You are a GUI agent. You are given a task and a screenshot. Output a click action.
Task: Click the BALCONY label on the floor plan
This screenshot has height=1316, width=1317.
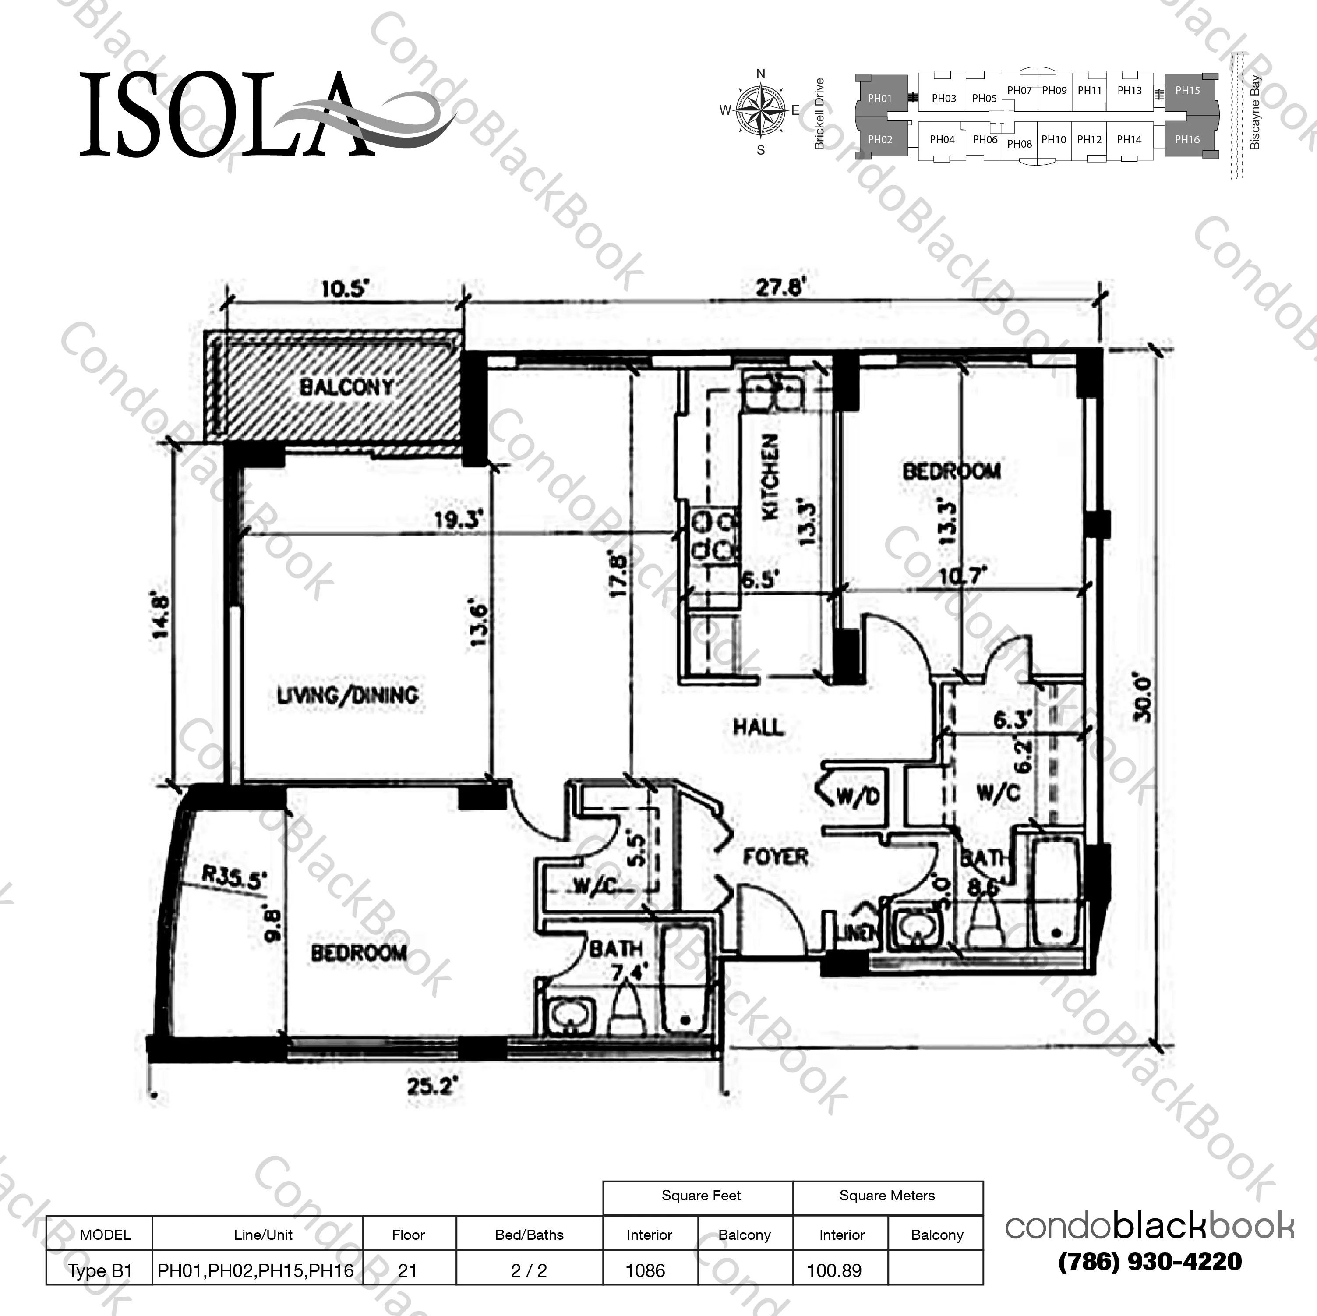pos(346,387)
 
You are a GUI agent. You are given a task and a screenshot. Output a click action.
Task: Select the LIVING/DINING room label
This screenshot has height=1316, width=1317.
pos(348,696)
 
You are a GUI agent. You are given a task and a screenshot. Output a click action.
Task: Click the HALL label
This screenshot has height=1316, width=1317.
pos(758,727)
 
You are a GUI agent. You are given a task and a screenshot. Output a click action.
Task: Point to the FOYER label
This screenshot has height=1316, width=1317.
pos(776,856)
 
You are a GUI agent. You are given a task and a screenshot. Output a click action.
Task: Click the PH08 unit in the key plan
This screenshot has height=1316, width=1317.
pos(1019,144)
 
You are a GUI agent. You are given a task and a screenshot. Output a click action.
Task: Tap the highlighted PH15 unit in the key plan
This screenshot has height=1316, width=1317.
pos(1187,91)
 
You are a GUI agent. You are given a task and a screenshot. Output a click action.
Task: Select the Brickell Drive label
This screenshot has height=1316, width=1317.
pos(819,114)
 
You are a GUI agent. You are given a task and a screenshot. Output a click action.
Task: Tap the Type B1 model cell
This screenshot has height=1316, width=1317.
pos(100,1270)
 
